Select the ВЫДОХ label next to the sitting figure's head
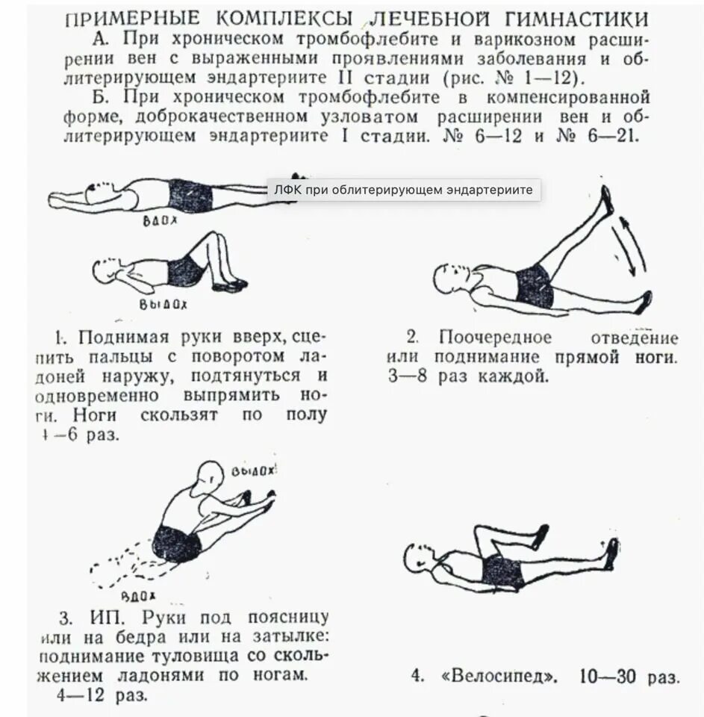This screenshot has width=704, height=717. [253, 471]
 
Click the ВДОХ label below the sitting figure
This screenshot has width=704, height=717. [137, 595]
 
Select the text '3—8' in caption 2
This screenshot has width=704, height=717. [409, 376]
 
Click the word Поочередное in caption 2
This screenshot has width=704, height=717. [495, 337]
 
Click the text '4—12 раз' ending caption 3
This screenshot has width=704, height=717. [102, 695]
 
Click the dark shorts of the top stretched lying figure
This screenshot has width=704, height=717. [190, 196]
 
